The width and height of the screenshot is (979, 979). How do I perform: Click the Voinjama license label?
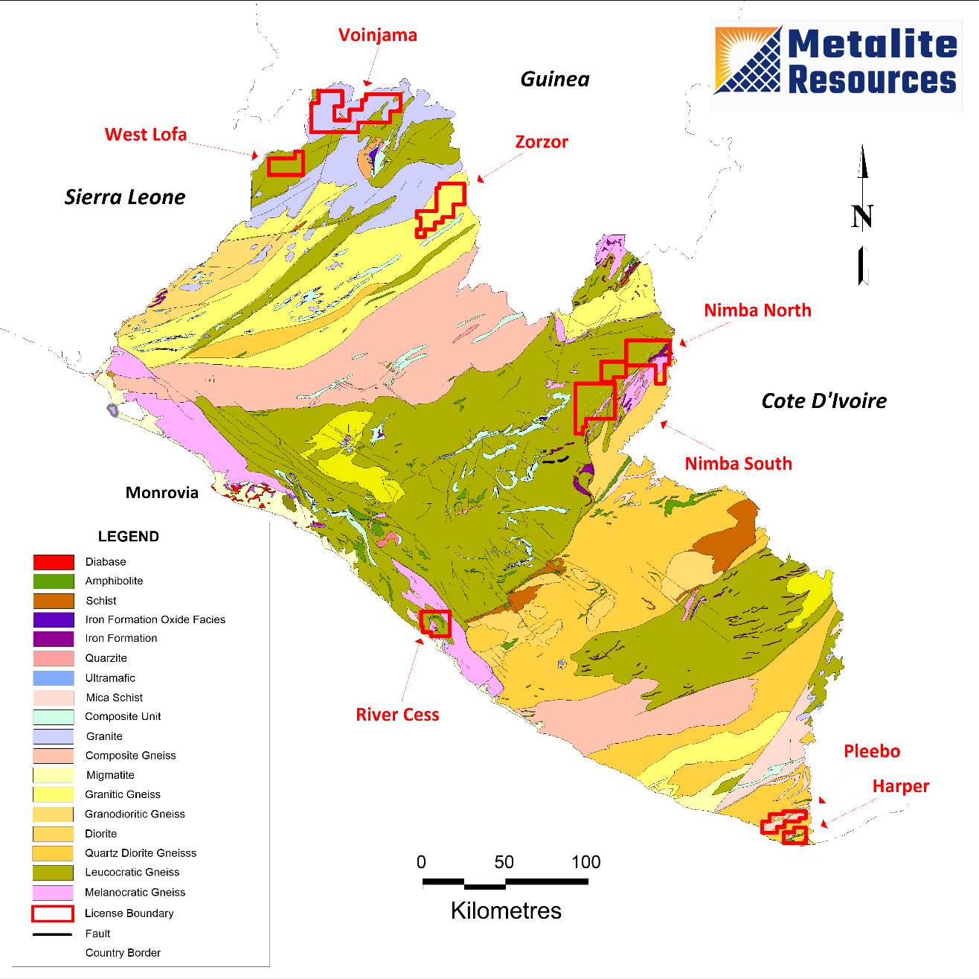point(377,35)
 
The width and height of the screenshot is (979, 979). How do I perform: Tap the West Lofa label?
point(146,135)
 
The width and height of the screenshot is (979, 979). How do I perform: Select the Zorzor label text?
point(542,142)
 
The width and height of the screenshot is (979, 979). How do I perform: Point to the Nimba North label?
point(757,310)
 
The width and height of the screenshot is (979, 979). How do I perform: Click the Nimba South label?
point(738,464)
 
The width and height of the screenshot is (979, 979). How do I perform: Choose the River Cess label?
point(397,715)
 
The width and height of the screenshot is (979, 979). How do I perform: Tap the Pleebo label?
point(872,751)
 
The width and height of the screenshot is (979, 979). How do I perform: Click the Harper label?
point(901,786)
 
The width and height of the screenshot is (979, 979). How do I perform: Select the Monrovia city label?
point(162,493)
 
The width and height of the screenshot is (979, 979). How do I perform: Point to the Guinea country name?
point(555,80)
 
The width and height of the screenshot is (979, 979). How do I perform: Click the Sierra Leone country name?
point(125,197)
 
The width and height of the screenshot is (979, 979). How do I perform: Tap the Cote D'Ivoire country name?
point(824,401)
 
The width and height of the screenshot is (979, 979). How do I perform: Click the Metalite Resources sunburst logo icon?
point(748,60)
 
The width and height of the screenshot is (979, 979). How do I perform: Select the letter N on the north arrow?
point(862,217)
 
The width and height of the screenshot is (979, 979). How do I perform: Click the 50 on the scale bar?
point(504,862)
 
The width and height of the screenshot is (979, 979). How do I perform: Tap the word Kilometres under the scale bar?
point(506,911)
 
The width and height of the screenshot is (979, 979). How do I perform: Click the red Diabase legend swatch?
point(54,562)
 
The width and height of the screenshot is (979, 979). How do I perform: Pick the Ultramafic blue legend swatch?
point(54,678)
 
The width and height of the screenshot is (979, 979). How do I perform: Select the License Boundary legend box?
point(53,913)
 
